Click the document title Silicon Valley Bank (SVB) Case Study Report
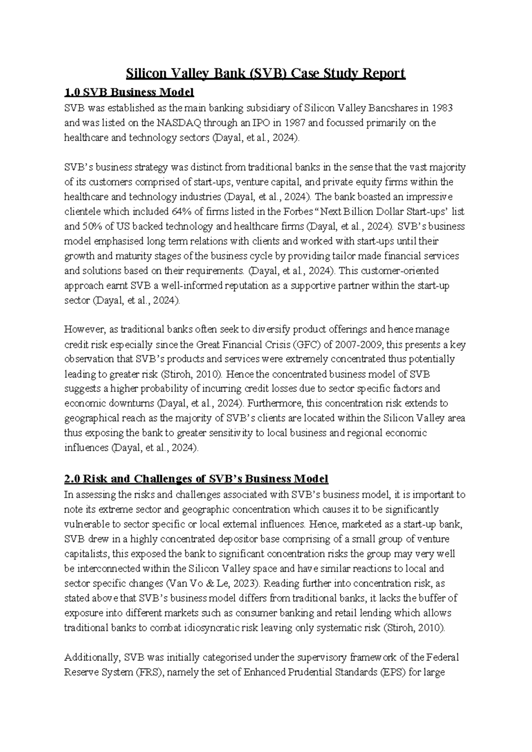[266, 73]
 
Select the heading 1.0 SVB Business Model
[129, 93]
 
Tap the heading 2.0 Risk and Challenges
[196, 479]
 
